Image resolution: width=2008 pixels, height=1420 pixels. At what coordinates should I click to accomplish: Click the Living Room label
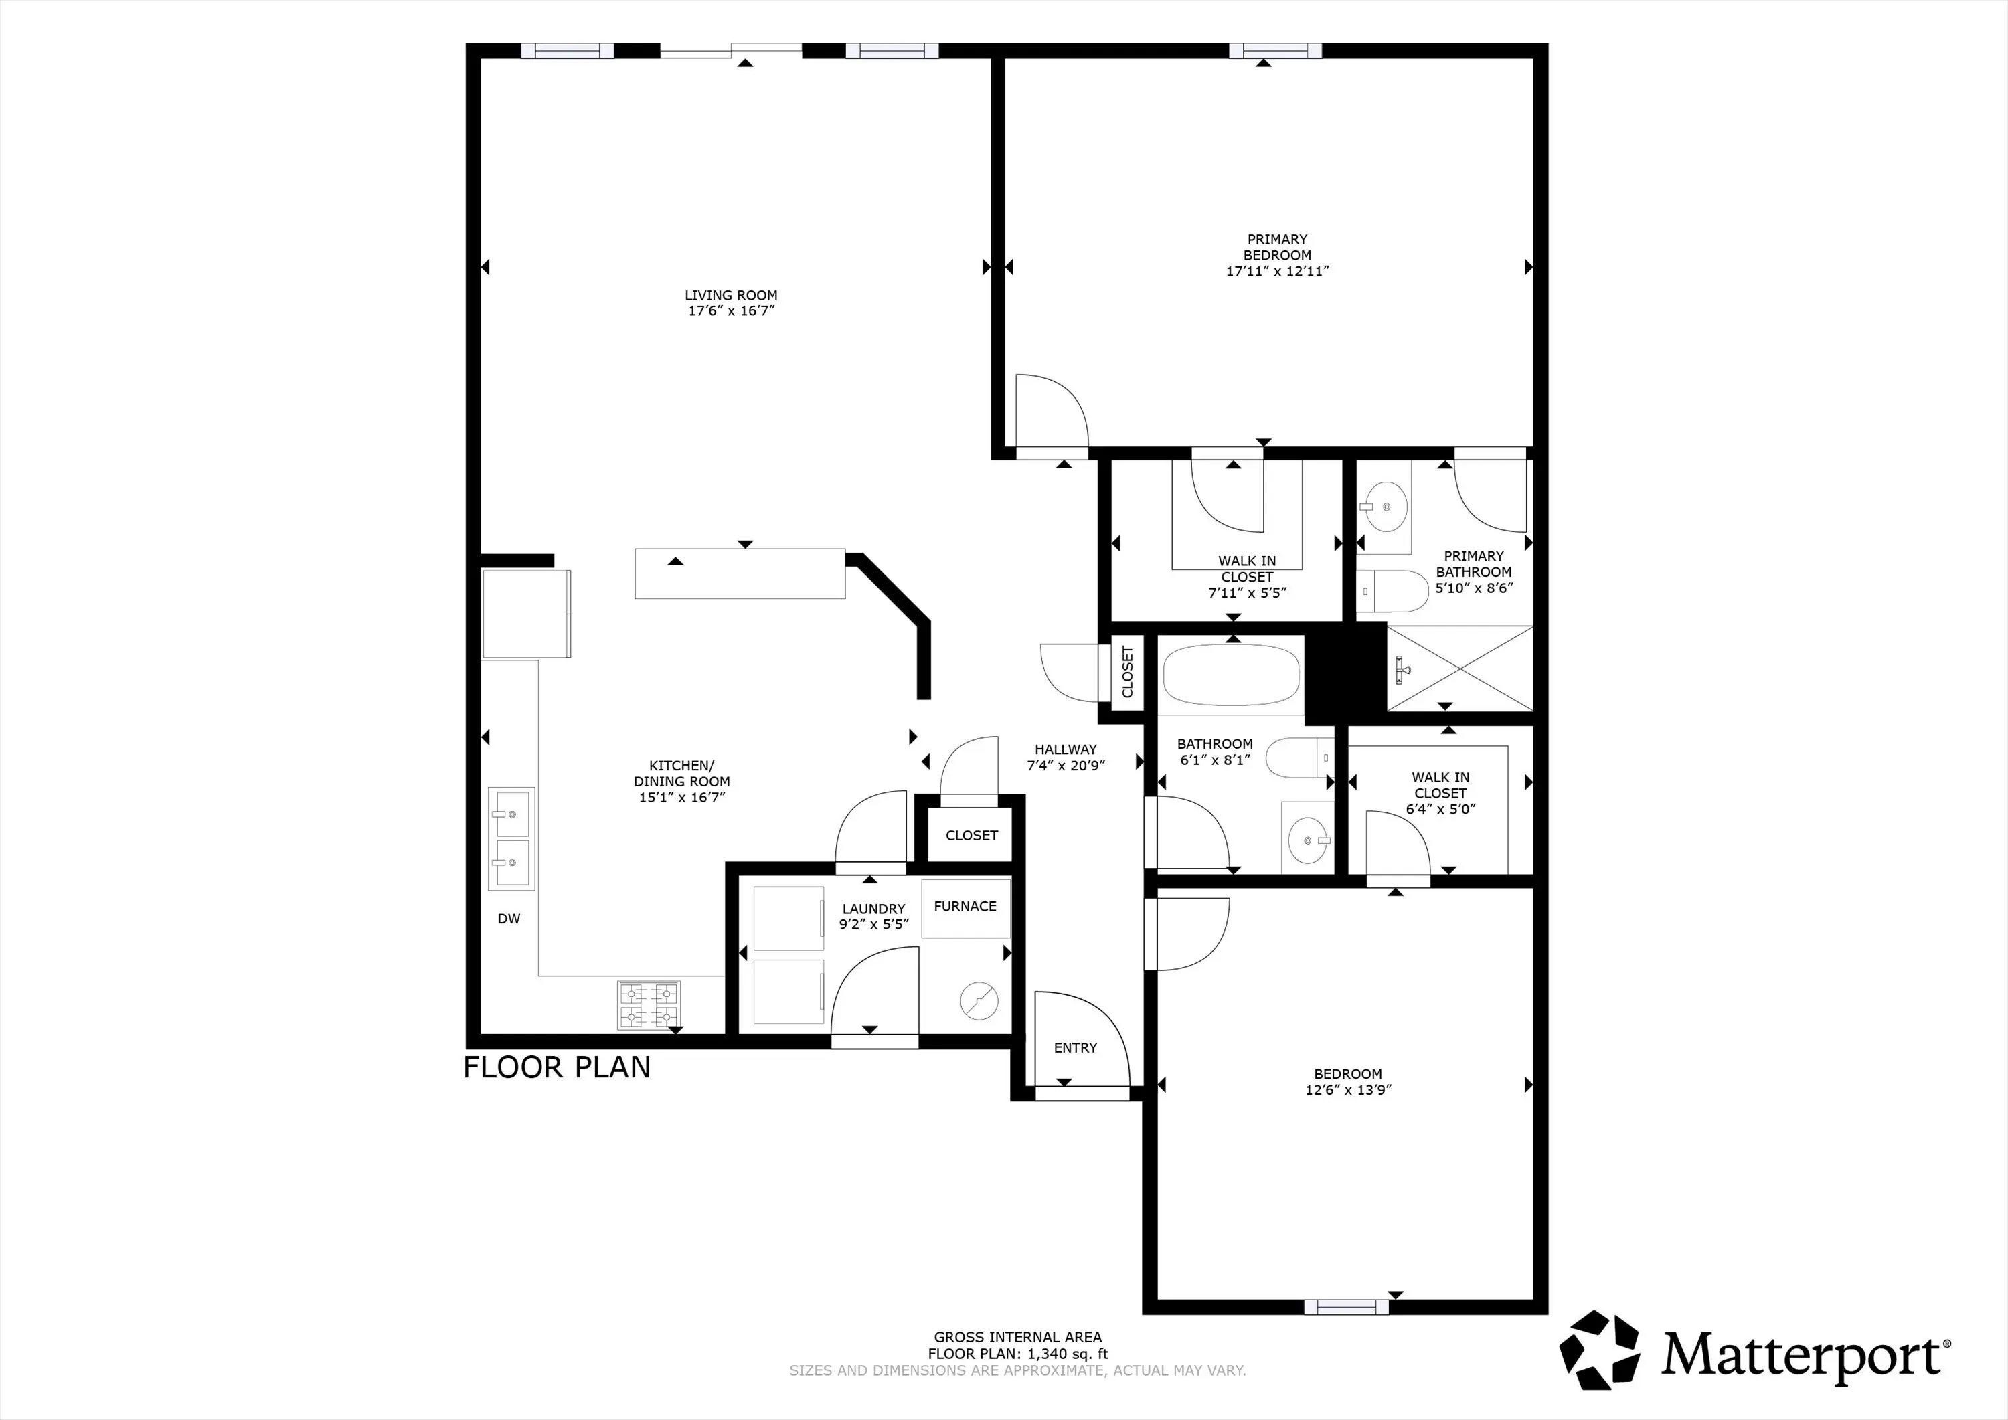pyautogui.click(x=731, y=296)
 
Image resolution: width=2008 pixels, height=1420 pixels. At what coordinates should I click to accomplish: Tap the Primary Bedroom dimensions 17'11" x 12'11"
pyautogui.click(x=1277, y=271)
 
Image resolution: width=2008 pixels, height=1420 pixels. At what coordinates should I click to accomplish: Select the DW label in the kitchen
pyautogui.click(x=509, y=919)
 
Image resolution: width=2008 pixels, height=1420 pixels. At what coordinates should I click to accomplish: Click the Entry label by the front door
pyautogui.click(x=1075, y=1047)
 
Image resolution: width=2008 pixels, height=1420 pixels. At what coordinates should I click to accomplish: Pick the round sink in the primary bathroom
pyautogui.click(x=1386, y=507)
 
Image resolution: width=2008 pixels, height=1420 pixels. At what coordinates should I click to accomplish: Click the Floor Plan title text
pyautogui.click(x=557, y=1067)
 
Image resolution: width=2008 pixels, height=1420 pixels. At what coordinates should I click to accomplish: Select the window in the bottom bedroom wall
pyautogui.click(x=1346, y=1307)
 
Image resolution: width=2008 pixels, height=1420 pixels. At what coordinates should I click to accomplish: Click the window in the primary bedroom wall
pyautogui.click(x=1275, y=51)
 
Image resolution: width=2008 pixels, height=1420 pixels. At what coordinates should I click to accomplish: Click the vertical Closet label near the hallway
pyautogui.click(x=1127, y=672)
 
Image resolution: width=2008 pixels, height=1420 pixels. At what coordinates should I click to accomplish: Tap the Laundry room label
pyautogui.click(x=873, y=909)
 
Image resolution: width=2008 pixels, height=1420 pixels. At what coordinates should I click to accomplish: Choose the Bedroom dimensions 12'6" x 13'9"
pyautogui.click(x=1348, y=1090)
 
